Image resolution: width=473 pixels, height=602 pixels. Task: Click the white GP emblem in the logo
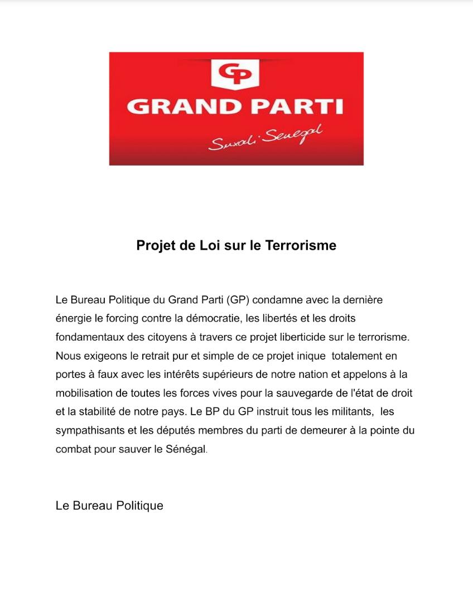point(235,74)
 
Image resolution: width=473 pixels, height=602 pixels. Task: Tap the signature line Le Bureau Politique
point(109,506)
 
